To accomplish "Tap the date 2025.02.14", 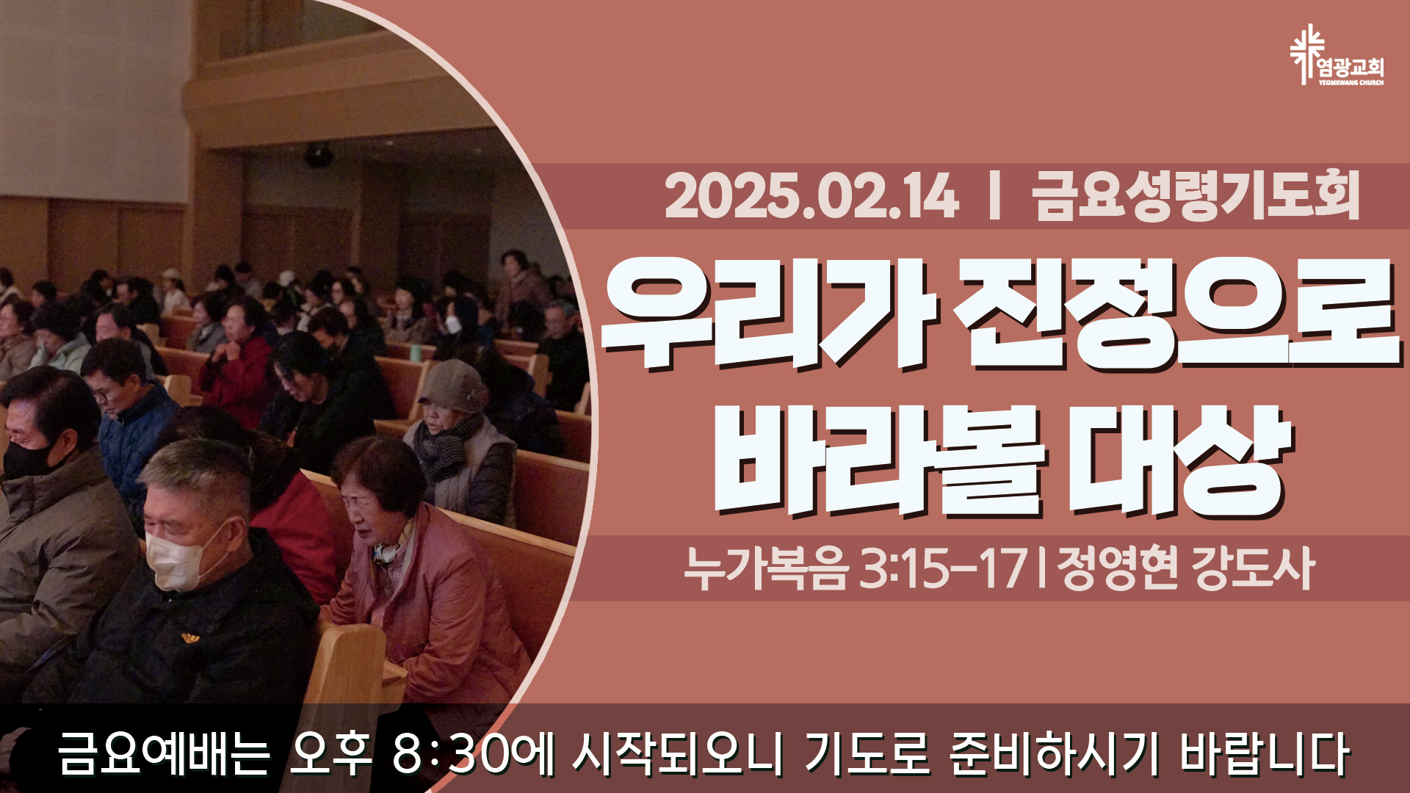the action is pos(811,196).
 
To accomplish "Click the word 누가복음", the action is pos(766,568).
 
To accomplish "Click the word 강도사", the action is pos(1252,568).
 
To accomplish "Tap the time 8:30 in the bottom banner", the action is pos(450,753).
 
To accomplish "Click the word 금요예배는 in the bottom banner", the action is pos(164,753).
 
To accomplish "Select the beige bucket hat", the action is pos(452,387).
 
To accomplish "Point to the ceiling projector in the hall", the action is pos(319,155).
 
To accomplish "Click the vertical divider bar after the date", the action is pos(995,196).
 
